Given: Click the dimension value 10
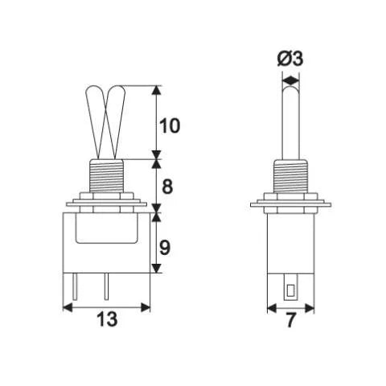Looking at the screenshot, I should tap(170, 125).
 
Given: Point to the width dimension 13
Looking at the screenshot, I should tap(107, 319).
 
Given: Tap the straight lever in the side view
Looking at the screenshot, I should tap(290, 121).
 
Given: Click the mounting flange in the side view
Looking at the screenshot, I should tap(290, 201).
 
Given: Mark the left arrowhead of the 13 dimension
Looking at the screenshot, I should tap(68, 306).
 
